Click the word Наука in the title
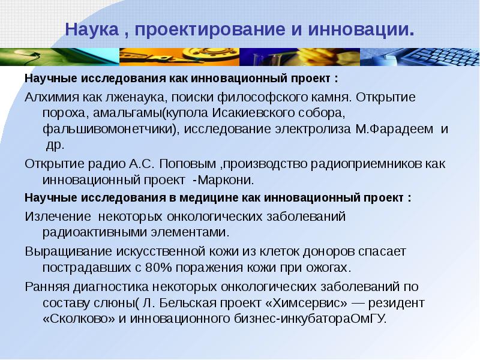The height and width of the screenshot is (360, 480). pos(91,29)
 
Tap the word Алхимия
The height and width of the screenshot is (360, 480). pos(50,97)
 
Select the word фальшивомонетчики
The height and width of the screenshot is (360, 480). pos(109,129)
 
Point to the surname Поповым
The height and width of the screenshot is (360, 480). pos(179,164)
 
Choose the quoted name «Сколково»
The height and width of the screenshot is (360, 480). pos(72,319)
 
